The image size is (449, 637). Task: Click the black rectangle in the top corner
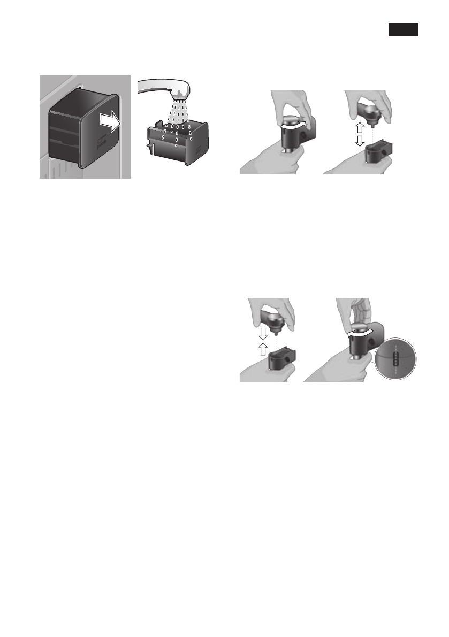(x=404, y=30)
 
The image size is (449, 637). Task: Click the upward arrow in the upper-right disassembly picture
(x=360, y=127)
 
